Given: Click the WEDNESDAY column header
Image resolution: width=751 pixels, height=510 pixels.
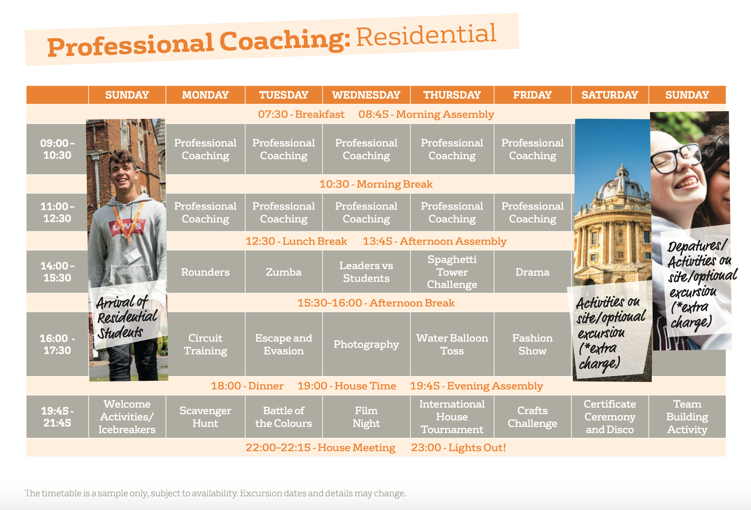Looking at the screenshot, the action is pos(366,95).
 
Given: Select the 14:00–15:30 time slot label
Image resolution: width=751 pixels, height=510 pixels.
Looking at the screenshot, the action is pos(57,272).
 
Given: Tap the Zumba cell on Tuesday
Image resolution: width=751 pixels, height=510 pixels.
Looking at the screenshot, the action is pos(284,272).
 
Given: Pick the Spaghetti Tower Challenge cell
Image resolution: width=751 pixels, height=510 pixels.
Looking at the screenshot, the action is pos(452,272).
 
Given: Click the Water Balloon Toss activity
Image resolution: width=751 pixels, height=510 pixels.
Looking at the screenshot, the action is pos(452,344).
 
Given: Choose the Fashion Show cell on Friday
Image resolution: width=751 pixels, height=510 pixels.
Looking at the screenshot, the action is pos(532,344).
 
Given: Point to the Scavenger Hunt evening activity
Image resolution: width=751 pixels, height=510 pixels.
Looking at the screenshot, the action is pos(205,417).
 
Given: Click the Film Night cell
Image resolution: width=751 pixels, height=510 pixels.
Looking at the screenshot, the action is pos(366,417).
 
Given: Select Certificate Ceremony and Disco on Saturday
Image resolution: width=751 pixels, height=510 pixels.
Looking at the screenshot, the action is pos(610,417).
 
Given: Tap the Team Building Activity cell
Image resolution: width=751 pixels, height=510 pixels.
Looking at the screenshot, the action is pos(687,417).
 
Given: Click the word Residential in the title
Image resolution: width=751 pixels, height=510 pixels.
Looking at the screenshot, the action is pos(426,35).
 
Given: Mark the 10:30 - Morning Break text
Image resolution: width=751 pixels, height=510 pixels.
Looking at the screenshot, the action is pos(376,184).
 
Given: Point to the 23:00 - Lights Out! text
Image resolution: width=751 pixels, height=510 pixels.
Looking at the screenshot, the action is pos(458,448).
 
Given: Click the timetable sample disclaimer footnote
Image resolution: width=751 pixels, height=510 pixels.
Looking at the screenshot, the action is pos(215,493).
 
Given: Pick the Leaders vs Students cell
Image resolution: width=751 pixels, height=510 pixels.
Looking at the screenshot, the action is pos(366,272).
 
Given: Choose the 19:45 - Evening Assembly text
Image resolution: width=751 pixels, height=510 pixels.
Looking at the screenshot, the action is pos(476,386).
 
